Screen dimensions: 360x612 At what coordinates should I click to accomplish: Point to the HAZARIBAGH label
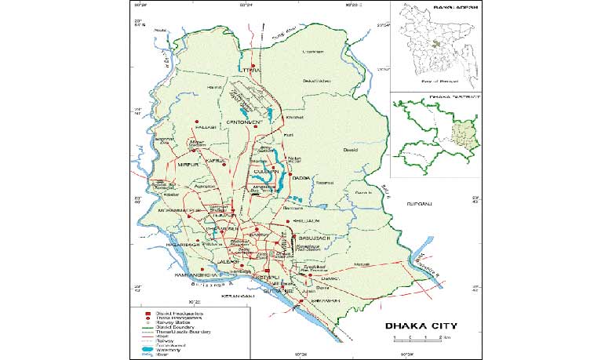[183, 245]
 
